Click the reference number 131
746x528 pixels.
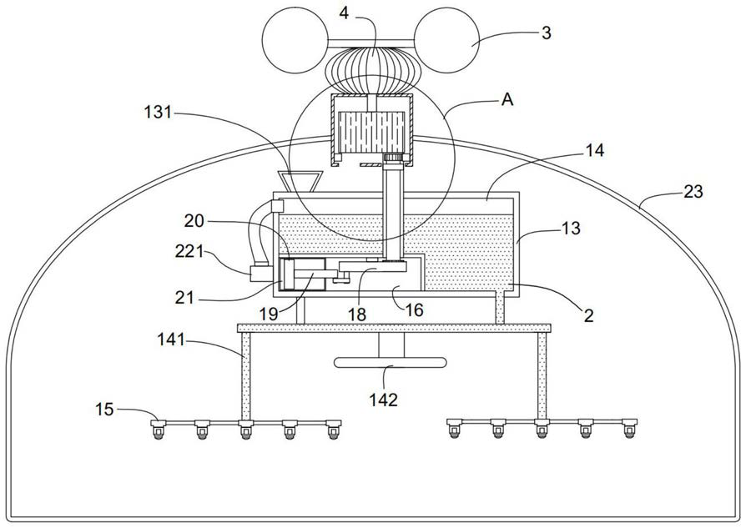158,113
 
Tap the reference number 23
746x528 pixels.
693,192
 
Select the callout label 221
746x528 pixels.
189,251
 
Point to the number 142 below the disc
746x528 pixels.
384,400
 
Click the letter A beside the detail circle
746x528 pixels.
507,100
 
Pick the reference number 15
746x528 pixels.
104,409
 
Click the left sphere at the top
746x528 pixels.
295,40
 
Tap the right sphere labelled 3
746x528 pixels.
446,40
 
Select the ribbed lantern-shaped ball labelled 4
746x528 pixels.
372,70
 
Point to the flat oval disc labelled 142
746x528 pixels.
391,363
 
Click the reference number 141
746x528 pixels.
171,340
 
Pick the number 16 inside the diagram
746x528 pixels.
415,310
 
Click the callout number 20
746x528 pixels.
194,221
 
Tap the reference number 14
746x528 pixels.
595,150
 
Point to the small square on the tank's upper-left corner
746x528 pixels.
277,206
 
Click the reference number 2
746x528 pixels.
589,315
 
